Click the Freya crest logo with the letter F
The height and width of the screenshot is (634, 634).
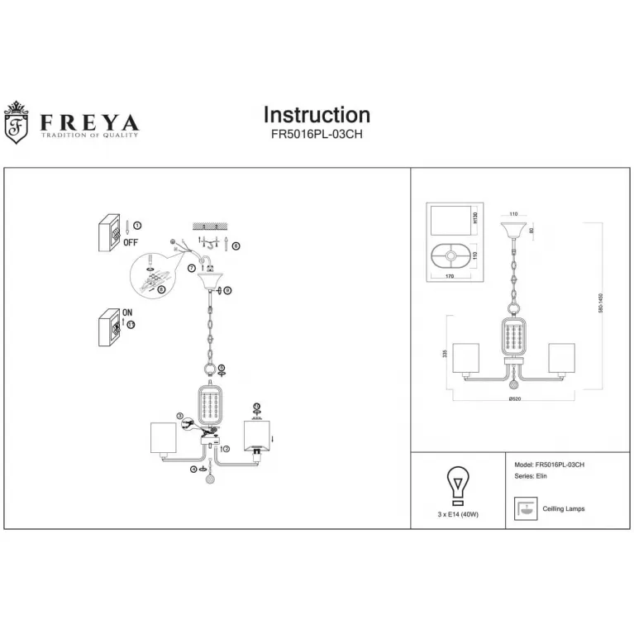pyautogui.click(x=17, y=123)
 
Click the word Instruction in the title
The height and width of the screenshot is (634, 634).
pyautogui.click(x=317, y=115)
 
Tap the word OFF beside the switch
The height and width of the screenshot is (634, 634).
pyautogui.click(x=130, y=242)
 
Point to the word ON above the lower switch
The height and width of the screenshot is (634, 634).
pyautogui.click(x=127, y=312)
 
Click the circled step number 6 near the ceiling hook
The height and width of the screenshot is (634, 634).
pyautogui.click(x=236, y=245)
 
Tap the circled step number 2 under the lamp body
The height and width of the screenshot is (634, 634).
pyautogui.click(x=226, y=449)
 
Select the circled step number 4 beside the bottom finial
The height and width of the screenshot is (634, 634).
pyautogui.click(x=194, y=470)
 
